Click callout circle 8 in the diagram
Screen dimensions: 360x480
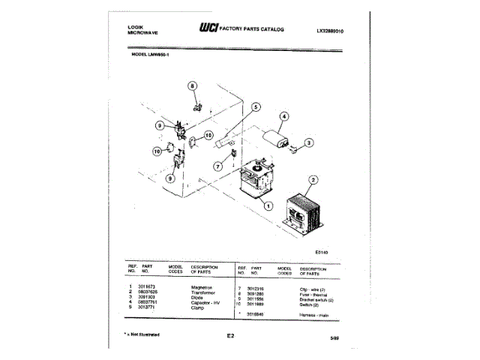tap(192, 87)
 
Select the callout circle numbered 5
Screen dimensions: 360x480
tap(255, 107)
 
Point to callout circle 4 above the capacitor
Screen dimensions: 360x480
tap(284, 116)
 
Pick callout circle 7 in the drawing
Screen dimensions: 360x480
tap(220, 166)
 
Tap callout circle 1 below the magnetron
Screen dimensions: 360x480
tap(268, 205)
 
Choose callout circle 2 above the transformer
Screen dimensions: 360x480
tap(313, 180)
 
